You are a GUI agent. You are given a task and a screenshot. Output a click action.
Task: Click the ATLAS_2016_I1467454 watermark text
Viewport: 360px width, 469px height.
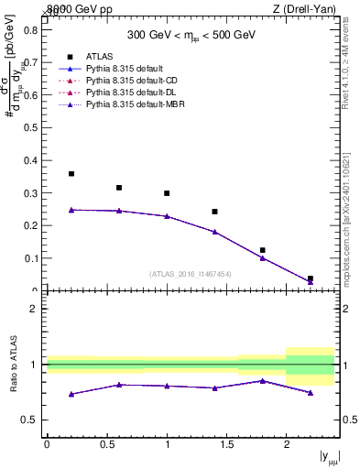coord(189,273)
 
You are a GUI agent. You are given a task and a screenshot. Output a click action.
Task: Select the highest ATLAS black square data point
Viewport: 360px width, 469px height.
coord(71,173)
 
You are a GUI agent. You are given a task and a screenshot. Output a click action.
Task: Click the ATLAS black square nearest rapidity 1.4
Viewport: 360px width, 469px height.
coord(214,212)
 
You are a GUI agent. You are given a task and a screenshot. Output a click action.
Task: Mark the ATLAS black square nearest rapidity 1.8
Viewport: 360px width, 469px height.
coord(262,250)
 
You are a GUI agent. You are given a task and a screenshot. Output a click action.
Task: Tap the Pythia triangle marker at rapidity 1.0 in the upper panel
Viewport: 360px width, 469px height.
coord(167,216)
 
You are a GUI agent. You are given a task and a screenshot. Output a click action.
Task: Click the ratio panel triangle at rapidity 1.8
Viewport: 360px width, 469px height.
coord(262,380)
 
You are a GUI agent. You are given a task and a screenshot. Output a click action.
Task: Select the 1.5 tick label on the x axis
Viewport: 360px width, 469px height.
coord(226,444)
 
